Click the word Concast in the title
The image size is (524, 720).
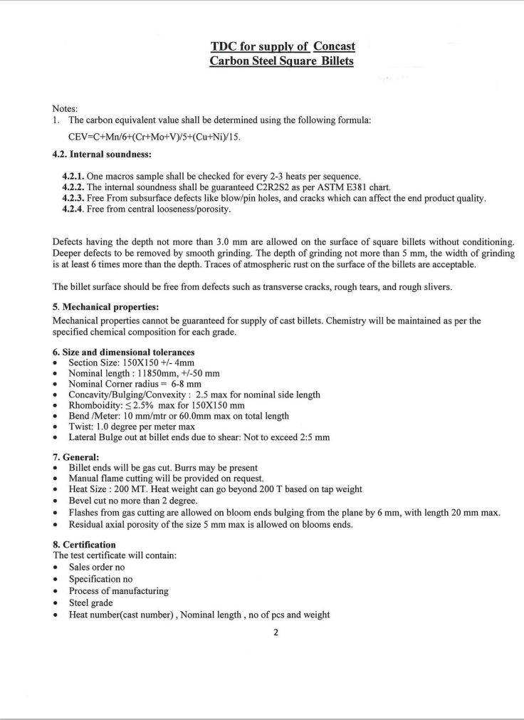[334, 46]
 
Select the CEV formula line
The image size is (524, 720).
[154, 137]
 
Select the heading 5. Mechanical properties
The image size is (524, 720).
[105, 308]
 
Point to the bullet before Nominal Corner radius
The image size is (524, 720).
[56, 384]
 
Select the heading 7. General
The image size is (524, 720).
[76, 456]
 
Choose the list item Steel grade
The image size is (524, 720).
[90, 603]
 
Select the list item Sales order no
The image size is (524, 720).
[96, 567]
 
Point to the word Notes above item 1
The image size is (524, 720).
[65, 108]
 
